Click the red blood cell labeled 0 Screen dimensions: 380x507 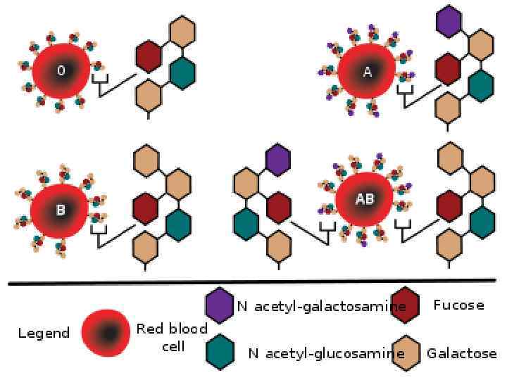point(61,72)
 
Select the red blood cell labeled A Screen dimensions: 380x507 point(366,73)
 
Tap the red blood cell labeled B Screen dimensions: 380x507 point(60,209)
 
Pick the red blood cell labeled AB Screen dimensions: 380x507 point(364,199)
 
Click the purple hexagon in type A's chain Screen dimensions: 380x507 point(448,23)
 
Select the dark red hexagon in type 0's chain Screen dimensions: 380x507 point(148,56)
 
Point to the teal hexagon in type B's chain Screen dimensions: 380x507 point(178,224)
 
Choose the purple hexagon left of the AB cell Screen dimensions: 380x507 point(278,158)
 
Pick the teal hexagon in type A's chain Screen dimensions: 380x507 point(481,84)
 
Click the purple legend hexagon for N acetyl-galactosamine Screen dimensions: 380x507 point(218,304)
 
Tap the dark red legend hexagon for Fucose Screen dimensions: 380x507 point(406,304)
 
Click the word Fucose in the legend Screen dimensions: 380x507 point(458,305)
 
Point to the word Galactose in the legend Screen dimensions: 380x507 point(461,353)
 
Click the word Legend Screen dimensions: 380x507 point(44,333)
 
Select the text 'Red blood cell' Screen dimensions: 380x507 point(172,336)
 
